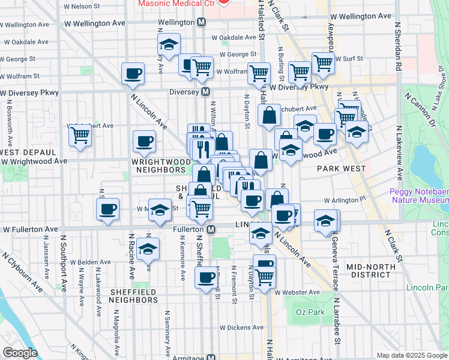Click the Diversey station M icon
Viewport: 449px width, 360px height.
click(205, 92)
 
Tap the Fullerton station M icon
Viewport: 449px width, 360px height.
click(211, 229)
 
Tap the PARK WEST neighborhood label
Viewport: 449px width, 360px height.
click(342, 169)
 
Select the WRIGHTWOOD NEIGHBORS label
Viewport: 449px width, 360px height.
click(160, 166)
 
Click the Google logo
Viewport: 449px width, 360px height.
click(19, 353)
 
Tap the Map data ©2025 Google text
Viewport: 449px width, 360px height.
click(411, 355)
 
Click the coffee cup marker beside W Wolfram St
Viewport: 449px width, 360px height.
click(133, 73)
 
